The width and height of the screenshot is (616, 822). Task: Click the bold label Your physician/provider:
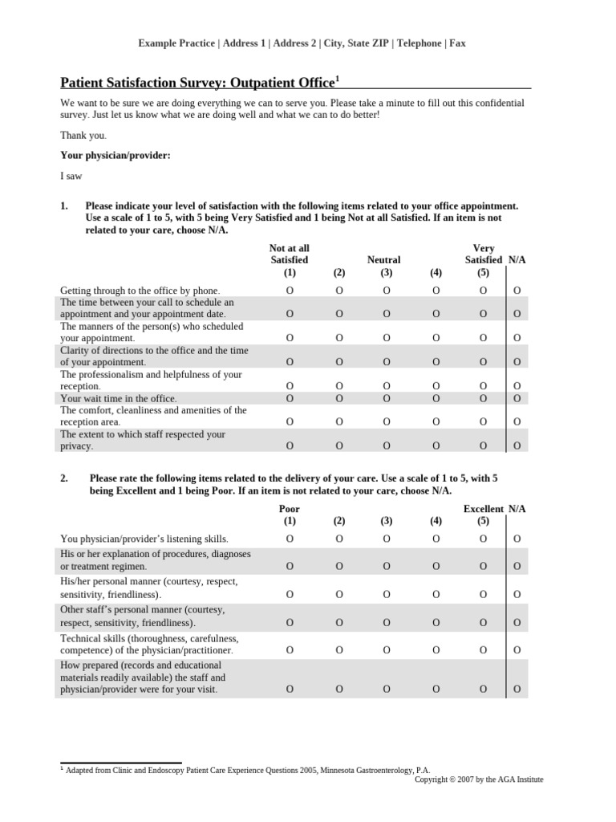[x=115, y=155]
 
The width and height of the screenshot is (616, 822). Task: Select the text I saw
[x=71, y=176]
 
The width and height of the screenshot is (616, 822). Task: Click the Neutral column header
[x=383, y=260]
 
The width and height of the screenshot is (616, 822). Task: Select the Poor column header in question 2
[x=290, y=509]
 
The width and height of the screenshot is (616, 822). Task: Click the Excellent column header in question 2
[x=484, y=509]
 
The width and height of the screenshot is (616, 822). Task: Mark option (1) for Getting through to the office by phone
[x=290, y=290]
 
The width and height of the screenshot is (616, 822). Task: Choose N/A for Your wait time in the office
[x=517, y=398]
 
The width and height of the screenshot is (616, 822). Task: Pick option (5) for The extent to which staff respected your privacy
[x=484, y=446]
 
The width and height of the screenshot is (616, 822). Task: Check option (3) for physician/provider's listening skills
[x=387, y=539]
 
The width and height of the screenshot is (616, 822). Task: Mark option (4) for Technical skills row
[x=436, y=649]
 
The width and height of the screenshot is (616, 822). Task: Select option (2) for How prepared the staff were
[x=339, y=689]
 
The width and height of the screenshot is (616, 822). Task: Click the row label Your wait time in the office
[x=119, y=398]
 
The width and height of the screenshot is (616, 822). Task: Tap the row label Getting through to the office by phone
[x=140, y=291]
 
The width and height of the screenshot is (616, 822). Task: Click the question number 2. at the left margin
[x=66, y=478]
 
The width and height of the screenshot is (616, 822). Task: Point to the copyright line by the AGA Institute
[x=478, y=779]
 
